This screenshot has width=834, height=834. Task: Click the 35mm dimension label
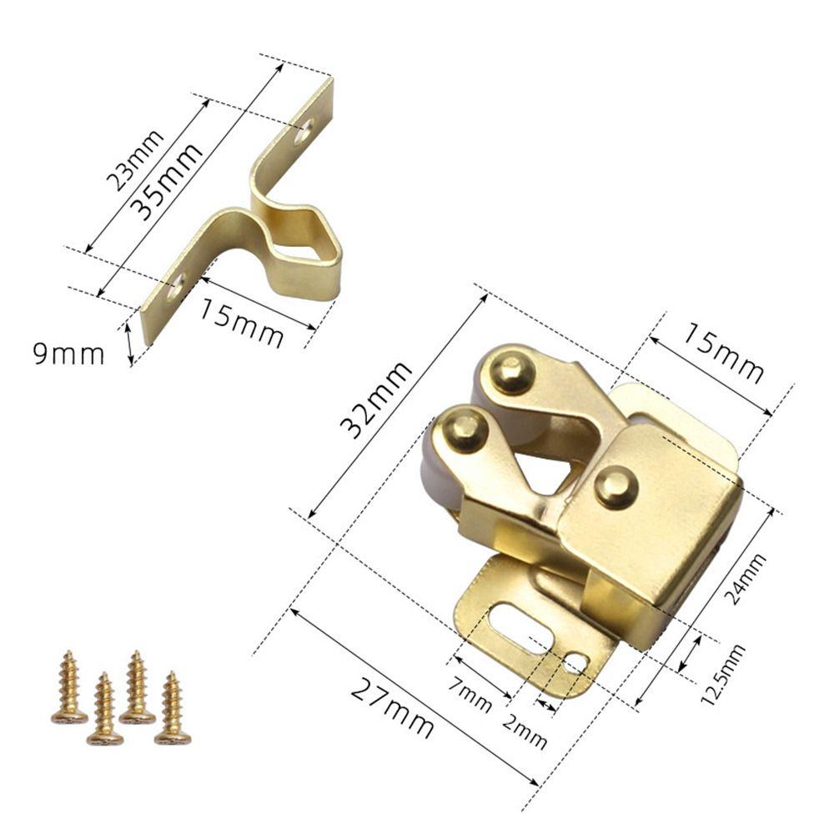(169, 181)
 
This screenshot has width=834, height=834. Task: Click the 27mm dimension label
(392, 708)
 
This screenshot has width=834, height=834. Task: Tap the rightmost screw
(173, 708)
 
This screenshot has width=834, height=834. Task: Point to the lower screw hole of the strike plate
(175, 287)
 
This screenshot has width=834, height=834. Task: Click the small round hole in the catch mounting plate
(575, 663)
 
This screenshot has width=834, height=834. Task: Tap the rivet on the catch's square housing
(616, 487)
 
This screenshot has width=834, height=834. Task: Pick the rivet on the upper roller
(510, 373)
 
